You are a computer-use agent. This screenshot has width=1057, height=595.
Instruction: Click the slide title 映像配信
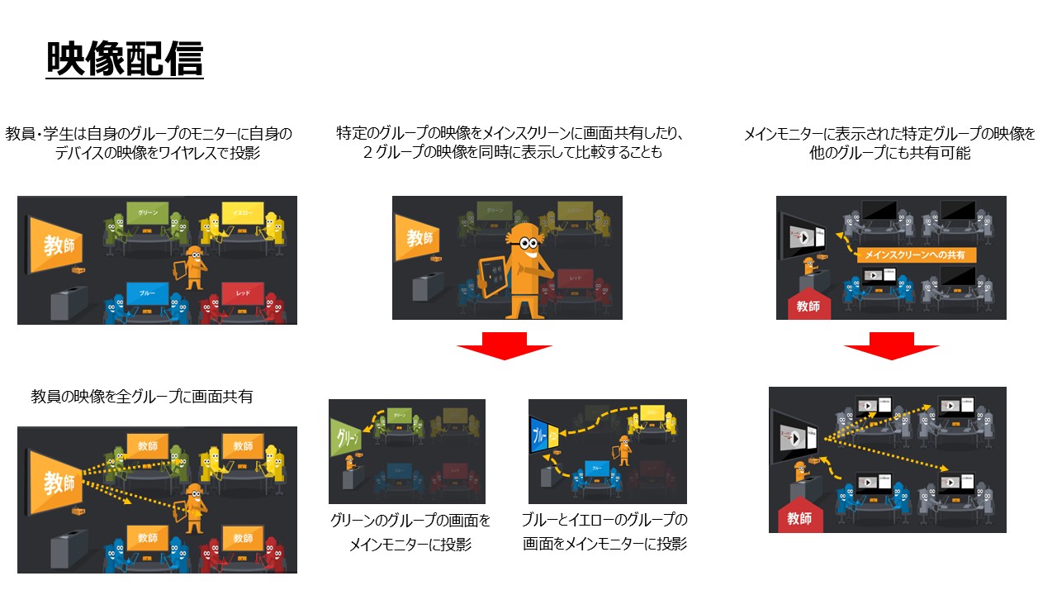pos(125,59)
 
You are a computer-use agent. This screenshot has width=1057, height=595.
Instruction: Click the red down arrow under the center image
pos(504,345)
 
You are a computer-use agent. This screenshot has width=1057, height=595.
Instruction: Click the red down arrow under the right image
pos(891,345)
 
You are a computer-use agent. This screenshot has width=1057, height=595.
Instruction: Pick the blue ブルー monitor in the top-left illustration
pos(148,293)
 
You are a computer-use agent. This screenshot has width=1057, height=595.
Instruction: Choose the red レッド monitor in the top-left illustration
pos(243,294)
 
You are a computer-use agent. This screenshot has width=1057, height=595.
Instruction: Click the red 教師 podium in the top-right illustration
pos(808,304)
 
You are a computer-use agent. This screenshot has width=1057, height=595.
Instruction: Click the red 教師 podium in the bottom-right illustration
pos(799,517)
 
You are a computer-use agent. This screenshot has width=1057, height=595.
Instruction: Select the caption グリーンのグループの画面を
pos(410,521)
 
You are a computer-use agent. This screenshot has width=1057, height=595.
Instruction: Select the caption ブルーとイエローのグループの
pos(605,521)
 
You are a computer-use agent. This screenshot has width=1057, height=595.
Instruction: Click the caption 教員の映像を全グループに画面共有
pos(141,397)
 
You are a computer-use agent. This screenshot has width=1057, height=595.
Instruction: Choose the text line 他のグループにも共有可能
pos(890,153)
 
